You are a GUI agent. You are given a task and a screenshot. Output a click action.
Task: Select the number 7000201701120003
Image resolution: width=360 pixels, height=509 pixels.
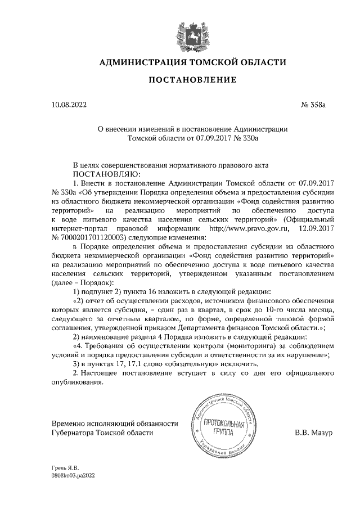click(x=89, y=238)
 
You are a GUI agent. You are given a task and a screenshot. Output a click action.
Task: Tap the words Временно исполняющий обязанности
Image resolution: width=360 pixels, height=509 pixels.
click(x=99, y=424)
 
